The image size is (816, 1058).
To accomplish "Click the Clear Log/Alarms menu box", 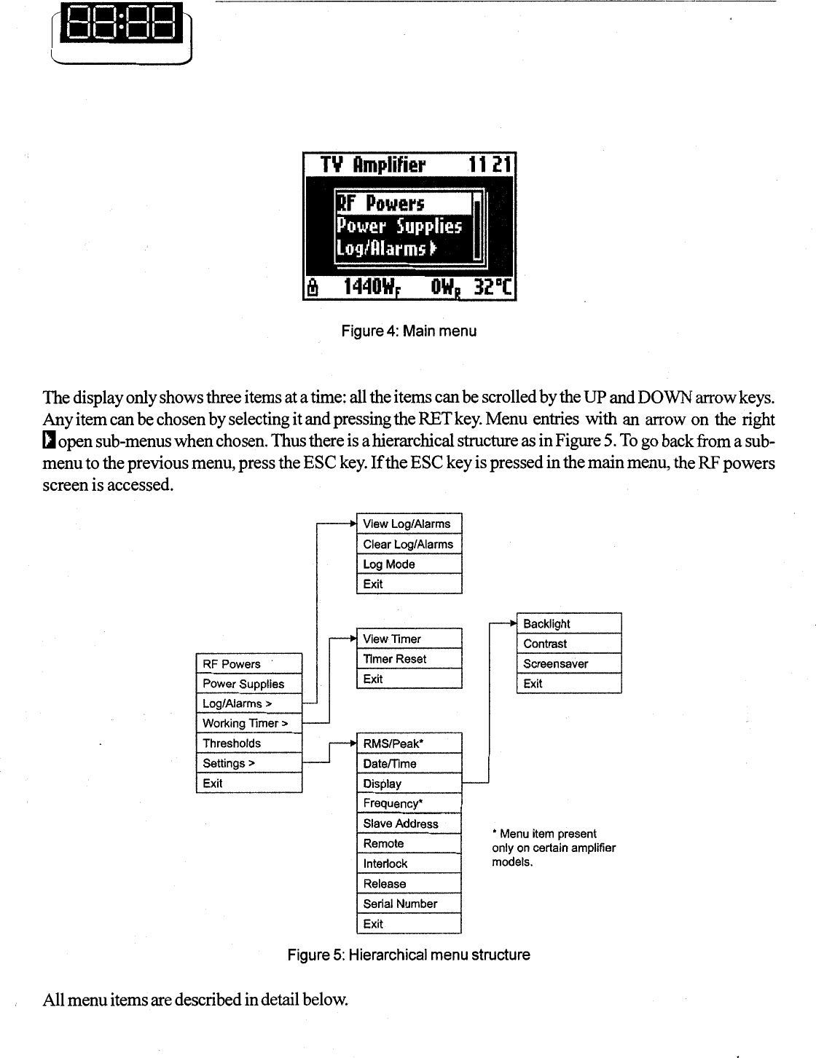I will [409, 544].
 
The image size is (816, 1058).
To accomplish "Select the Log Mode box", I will [409, 564].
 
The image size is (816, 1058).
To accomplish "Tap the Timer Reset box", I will [409, 659].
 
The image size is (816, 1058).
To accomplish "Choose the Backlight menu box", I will [569, 624].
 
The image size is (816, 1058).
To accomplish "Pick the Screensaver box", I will [569, 663].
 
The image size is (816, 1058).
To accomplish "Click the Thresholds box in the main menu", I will [249, 743].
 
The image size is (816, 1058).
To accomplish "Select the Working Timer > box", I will [249, 723].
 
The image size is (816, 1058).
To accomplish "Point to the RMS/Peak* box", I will [409, 743].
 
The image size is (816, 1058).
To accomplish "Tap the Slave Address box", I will [409, 824].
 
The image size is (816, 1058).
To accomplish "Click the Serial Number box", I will [409, 904].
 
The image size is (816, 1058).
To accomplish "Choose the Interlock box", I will [409, 864].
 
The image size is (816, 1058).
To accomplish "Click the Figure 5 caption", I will [409, 955].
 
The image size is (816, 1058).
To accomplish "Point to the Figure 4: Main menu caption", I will [409, 331].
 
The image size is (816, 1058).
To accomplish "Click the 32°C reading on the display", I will [493, 288].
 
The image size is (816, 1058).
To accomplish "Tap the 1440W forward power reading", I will [371, 288].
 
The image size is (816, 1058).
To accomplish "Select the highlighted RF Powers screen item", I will [403, 203].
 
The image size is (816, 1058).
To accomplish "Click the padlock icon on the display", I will [313, 287].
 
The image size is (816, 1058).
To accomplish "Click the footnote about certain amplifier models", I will [554, 848].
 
